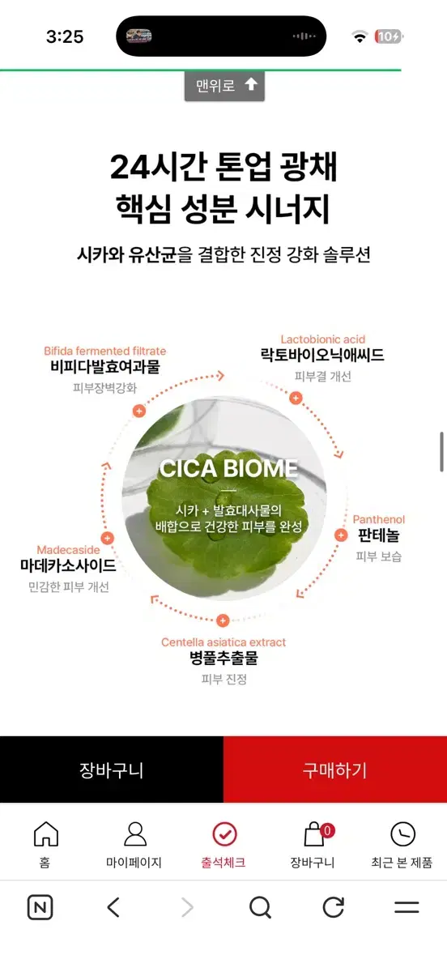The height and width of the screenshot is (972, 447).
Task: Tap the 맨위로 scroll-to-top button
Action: [x=224, y=86]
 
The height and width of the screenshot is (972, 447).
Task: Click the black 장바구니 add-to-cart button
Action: [x=112, y=769]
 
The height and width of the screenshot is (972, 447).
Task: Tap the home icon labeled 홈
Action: [x=45, y=833]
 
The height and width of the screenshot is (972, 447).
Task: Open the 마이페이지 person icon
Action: [x=135, y=833]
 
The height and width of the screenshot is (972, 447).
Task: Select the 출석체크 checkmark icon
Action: [x=224, y=833]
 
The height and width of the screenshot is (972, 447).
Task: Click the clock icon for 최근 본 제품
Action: [x=402, y=833]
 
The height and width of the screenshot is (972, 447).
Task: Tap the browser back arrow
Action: [x=113, y=907]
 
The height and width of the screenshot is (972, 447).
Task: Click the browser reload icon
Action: [x=334, y=907]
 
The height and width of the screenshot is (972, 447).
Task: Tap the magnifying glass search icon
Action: [x=261, y=907]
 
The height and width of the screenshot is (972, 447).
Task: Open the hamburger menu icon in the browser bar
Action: [x=407, y=907]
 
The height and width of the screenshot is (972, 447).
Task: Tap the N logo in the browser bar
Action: [x=40, y=907]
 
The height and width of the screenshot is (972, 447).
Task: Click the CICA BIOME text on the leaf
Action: [x=228, y=469]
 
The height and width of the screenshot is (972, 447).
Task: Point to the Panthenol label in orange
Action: [x=378, y=519]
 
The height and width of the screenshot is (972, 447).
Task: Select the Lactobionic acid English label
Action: [x=322, y=339]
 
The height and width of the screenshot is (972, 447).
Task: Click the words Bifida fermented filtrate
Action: [x=105, y=351]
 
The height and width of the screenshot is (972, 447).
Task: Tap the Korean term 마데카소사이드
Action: [x=68, y=565]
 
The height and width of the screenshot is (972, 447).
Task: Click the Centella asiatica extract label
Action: [x=223, y=642]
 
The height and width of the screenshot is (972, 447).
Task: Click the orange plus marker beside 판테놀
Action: [x=341, y=535]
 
